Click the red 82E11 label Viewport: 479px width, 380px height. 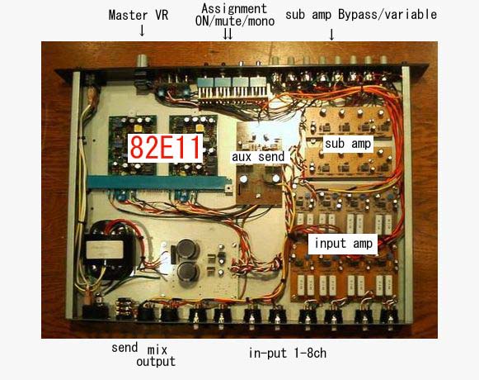165,148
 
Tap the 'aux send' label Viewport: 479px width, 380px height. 258,157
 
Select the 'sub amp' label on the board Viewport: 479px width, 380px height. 348,144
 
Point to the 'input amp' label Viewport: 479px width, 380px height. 343,244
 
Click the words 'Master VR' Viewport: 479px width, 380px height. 139,15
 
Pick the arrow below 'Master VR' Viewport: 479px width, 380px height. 142,31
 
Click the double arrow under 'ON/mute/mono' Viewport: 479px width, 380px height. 228,34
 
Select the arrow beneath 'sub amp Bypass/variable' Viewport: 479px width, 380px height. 331,35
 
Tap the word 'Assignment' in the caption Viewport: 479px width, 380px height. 234,8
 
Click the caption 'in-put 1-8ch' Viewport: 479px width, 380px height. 288,353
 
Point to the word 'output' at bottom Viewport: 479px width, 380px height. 156,362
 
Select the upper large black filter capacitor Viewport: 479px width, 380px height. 186,249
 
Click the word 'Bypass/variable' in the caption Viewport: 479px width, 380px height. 387,15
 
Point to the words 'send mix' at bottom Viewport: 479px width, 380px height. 139,349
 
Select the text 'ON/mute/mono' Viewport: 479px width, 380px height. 235,21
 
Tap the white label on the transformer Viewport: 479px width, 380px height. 105,249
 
